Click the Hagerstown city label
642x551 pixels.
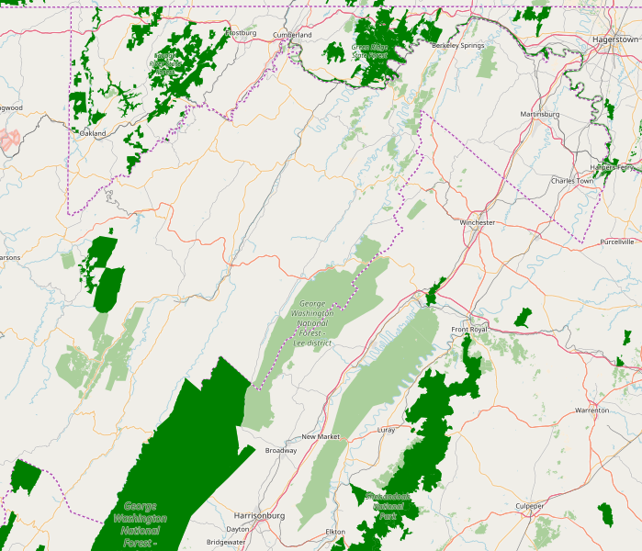(615, 40)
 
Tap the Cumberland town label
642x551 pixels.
(292, 35)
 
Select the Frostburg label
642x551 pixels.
(241, 33)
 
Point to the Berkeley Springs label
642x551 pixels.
(457, 45)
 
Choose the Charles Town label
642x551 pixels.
(571, 181)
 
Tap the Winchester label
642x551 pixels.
(477, 222)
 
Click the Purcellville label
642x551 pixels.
(616, 242)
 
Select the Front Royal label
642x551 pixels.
(469, 329)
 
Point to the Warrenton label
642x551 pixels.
(591, 410)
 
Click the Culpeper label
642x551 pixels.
(530, 505)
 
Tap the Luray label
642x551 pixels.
(386, 429)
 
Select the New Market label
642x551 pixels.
(321, 436)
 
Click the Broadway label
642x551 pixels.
(280, 450)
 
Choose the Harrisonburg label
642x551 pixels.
(259, 515)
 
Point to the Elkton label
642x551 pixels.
(335, 532)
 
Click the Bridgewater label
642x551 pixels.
(226, 542)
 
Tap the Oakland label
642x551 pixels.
(93, 133)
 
